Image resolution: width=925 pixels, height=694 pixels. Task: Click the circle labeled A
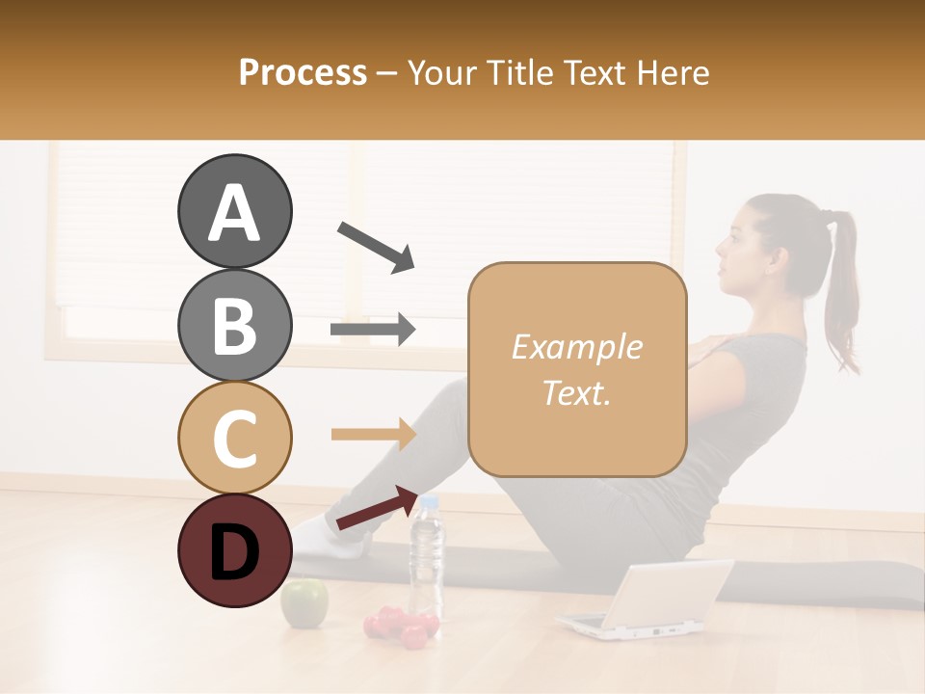234,211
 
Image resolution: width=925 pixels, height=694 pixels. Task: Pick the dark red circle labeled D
234,550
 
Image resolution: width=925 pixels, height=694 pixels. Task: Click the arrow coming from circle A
376,247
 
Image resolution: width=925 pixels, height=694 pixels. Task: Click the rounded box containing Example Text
577,369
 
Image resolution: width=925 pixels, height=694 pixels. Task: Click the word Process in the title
303,72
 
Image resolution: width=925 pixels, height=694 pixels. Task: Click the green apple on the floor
304,602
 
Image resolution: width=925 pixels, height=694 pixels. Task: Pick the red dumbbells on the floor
401,626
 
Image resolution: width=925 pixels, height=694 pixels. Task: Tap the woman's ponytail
842,289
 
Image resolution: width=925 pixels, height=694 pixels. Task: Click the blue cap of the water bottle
429,501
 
